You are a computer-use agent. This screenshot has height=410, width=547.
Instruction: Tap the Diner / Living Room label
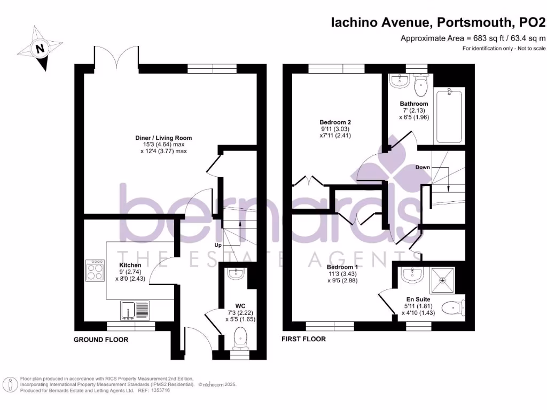163,138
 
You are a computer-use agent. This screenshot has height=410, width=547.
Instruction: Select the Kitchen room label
130,265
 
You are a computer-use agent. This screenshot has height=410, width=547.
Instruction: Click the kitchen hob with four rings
96,270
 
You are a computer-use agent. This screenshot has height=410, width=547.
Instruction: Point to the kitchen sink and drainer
134,310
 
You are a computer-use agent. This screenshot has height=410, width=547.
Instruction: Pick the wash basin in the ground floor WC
235,274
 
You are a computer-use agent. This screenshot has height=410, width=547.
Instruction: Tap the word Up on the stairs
218,245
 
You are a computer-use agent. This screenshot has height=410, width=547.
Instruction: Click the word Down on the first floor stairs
423,167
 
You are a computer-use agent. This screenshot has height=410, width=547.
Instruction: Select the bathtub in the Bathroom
449,116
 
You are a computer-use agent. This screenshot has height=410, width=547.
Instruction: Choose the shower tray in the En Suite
442,279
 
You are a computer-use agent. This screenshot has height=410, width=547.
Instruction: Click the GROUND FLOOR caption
101,340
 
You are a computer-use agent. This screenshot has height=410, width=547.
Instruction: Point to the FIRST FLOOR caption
303,339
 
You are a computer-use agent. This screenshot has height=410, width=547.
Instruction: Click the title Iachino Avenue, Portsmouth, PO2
439,22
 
